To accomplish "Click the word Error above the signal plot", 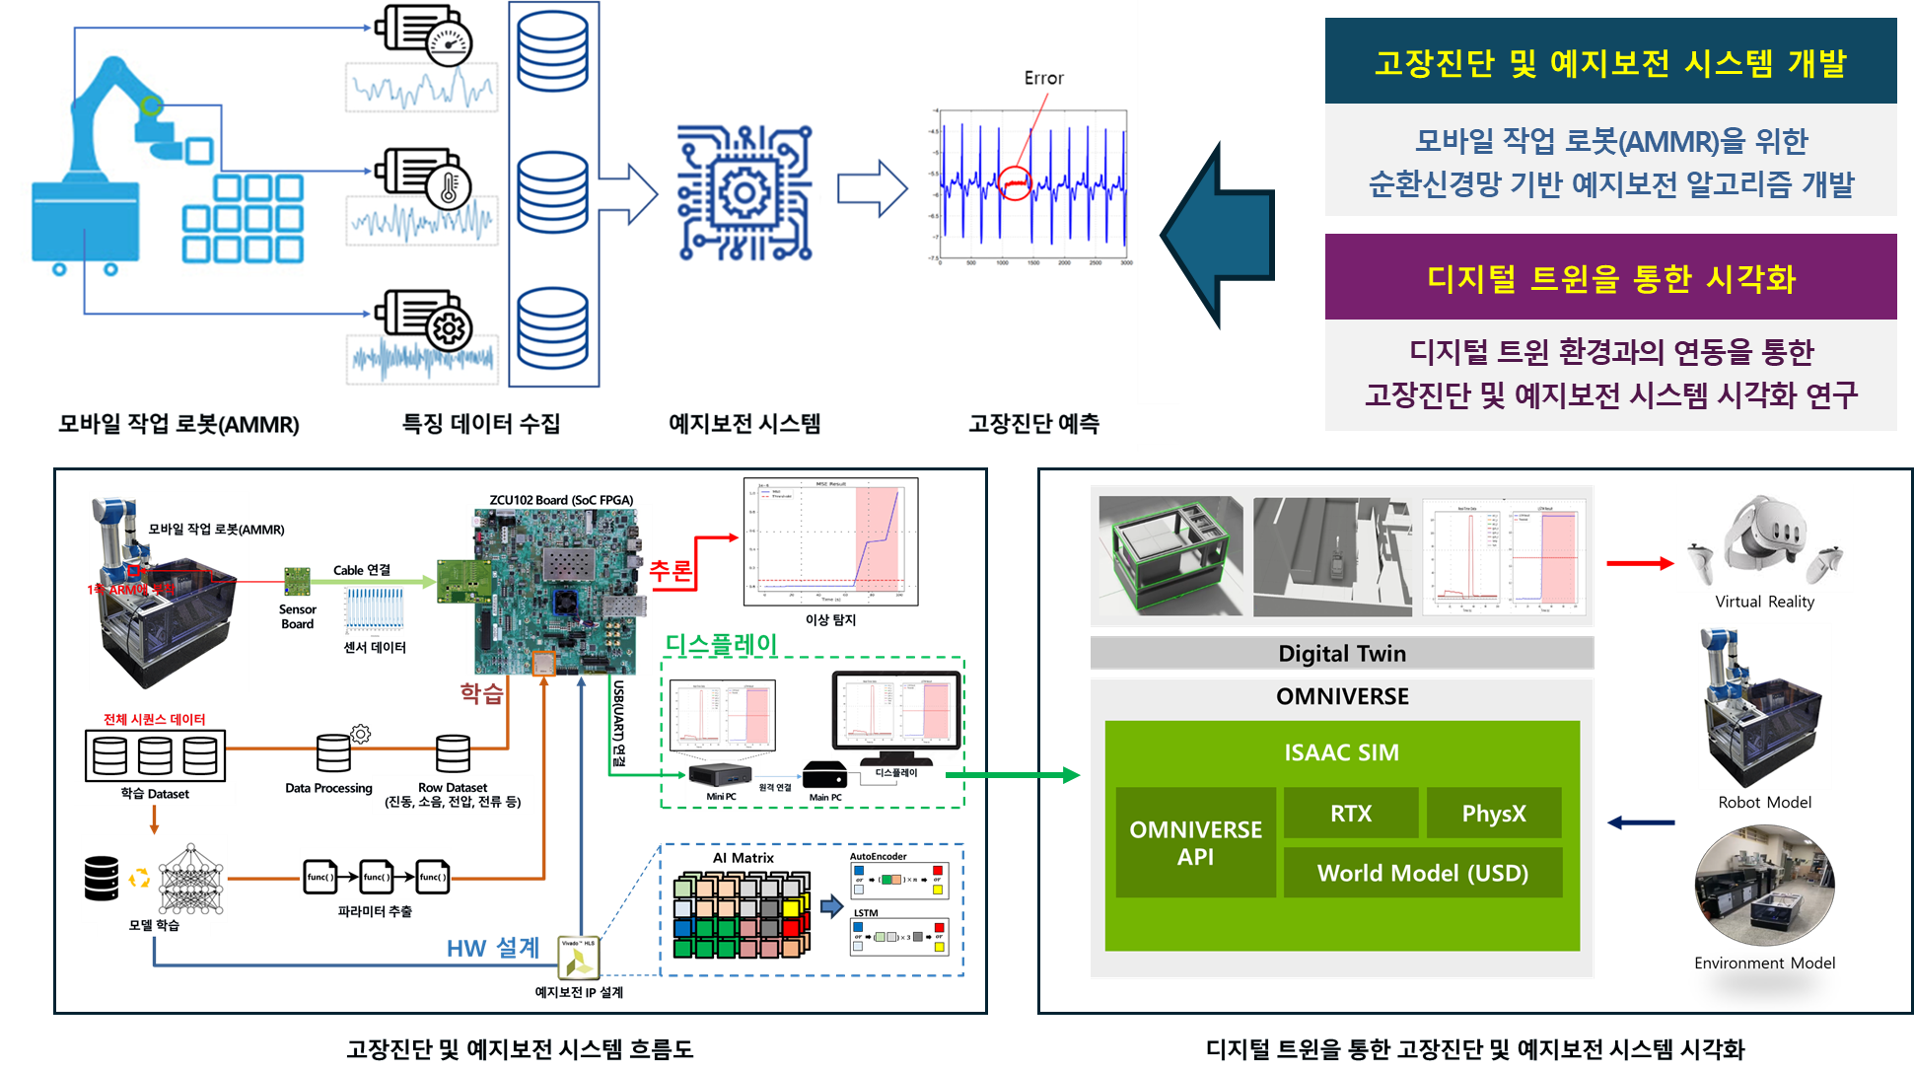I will click(x=1043, y=78).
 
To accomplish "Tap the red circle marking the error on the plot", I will click(x=1015, y=183).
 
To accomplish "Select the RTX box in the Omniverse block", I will click(x=1350, y=814).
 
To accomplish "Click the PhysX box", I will click(x=1493, y=814).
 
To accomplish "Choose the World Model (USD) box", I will click(x=1422, y=873).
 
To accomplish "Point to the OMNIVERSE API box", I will click(x=1195, y=843).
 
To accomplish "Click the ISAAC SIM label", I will click(x=1341, y=752).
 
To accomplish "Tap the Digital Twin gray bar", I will click(x=1341, y=653).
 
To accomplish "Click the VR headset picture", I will click(x=1764, y=538).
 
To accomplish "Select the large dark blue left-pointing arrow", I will click(x=1218, y=235).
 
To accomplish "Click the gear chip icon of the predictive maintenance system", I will click(x=744, y=193).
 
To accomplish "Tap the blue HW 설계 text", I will click(x=492, y=949).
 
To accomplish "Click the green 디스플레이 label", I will click(x=721, y=645).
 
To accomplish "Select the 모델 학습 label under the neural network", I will click(x=154, y=925).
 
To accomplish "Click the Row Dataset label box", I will click(x=453, y=794).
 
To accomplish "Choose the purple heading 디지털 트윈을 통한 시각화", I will click(x=1610, y=278).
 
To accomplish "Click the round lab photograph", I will click(x=1763, y=886).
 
